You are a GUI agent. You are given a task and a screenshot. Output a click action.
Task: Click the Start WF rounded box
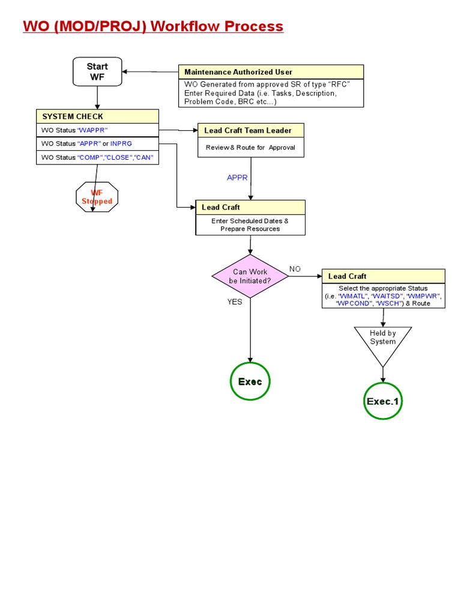97,71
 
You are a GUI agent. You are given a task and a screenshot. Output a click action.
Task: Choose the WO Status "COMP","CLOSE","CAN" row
97,157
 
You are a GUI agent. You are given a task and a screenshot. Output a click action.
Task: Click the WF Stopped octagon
97,197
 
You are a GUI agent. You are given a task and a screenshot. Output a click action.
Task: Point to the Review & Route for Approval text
250,148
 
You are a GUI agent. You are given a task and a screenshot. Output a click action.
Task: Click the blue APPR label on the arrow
237,178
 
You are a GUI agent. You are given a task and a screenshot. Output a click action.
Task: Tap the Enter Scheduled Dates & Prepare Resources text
250,225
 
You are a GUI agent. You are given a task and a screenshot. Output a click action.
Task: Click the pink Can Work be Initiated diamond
250,276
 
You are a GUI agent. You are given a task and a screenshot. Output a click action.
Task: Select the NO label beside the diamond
295,269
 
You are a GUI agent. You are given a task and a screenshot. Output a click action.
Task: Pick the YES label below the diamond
235,302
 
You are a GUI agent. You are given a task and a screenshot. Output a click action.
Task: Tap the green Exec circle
250,381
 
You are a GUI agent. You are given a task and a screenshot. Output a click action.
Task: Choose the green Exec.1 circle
382,401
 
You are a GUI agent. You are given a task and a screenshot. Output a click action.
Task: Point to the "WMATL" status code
354,296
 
